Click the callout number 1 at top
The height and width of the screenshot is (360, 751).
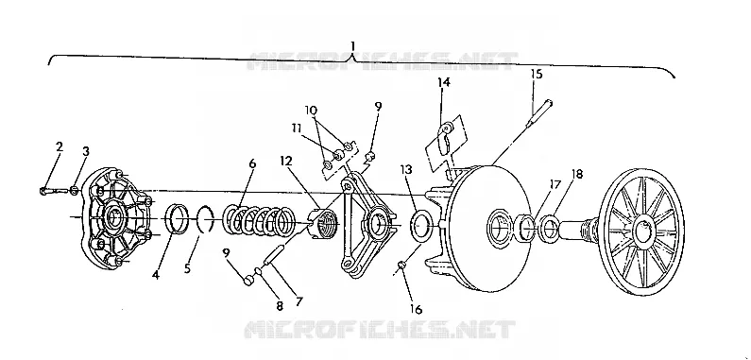click(x=352, y=46)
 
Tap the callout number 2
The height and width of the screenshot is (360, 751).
click(x=59, y=146)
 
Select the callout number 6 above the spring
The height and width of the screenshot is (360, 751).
click(x=252, y=164)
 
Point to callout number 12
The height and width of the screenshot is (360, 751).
click(x=286, y=162)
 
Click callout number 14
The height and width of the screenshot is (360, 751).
click(x=444, y=82)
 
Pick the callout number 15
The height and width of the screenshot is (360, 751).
click(x=537, y=75)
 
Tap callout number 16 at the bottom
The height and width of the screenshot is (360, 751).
click(x=416, y=310)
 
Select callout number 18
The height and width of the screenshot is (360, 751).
click(x=577, y=174)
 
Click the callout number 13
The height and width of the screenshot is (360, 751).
click(x=408, y=171)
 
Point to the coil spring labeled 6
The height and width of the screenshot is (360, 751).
click(x=259, y=222)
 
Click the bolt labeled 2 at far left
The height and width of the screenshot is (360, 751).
click(x=53, y=191)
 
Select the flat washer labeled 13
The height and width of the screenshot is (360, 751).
click(x=421, y=226)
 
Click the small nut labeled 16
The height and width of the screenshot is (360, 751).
click(x=402, y=266)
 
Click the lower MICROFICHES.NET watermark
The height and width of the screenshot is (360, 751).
click(x=380, y=331)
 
